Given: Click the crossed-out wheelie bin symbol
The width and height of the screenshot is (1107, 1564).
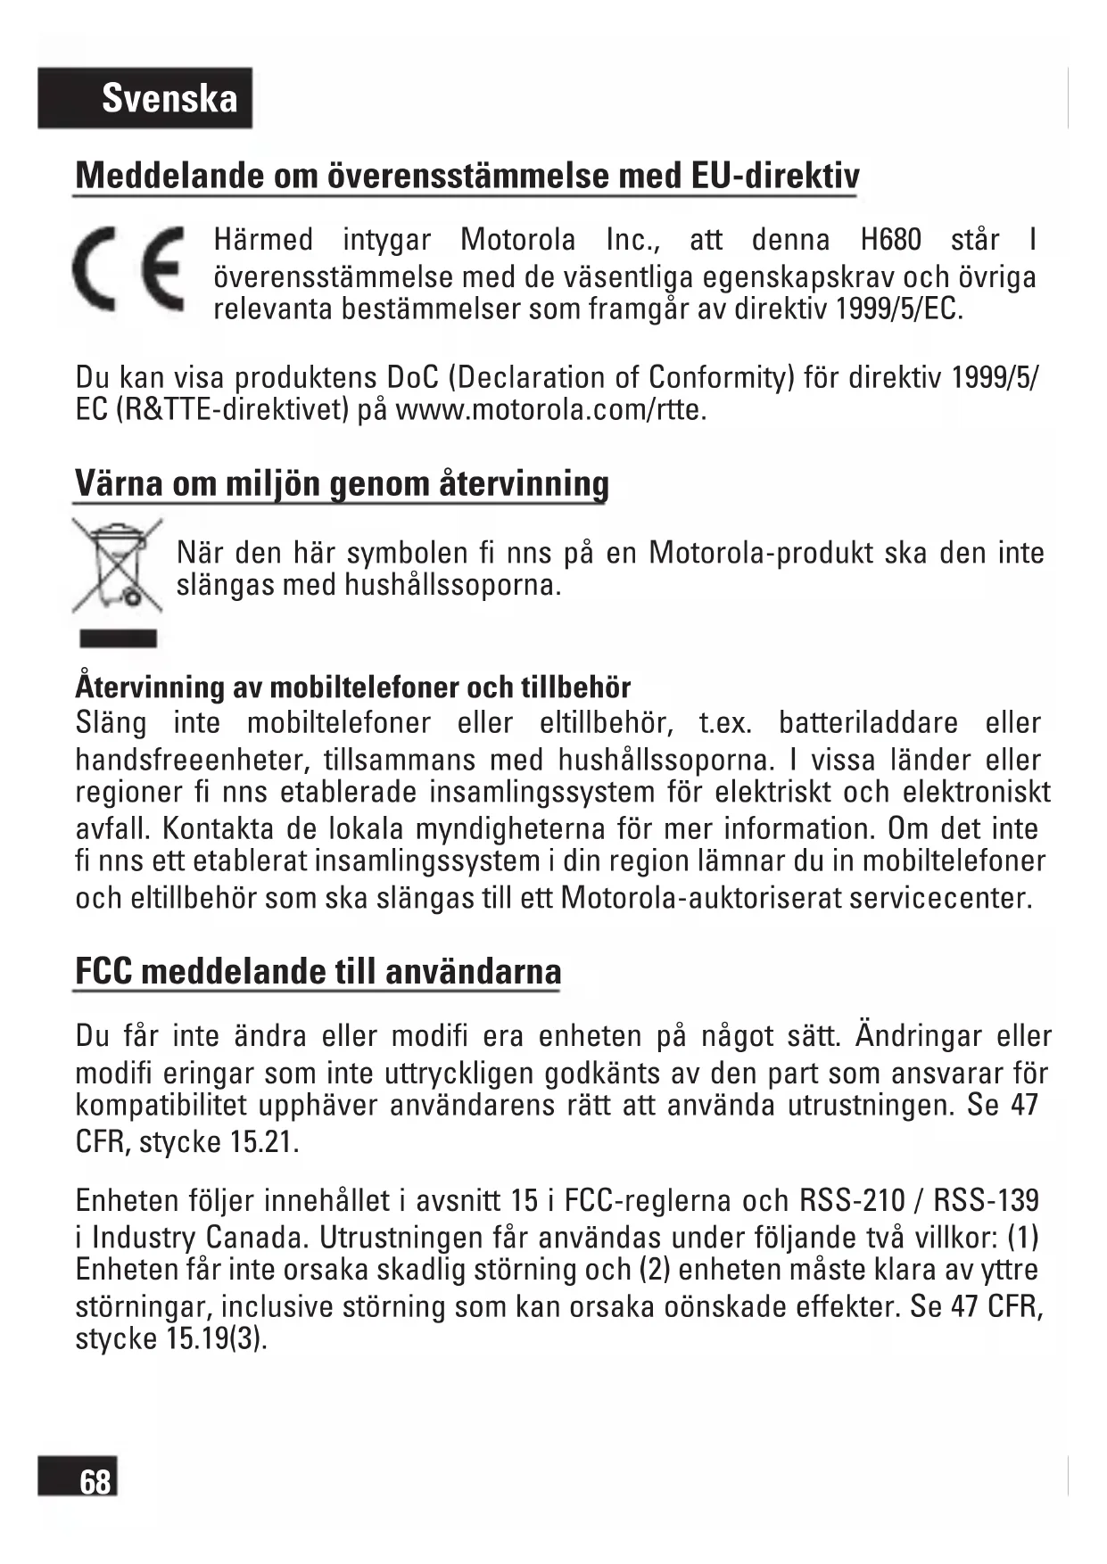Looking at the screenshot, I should coord(117,565).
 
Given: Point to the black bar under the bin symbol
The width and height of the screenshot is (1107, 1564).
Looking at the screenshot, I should coord(118,638).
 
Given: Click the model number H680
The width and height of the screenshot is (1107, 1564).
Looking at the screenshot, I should coord(890,240).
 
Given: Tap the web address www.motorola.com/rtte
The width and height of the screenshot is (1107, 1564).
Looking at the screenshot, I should coord(550,410).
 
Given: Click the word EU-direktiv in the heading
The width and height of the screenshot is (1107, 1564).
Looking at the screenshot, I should coord(775,176).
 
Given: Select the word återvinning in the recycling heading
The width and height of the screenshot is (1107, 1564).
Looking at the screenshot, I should coord(524,483).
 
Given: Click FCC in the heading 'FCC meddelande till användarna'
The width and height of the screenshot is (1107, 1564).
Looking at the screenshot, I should coord(103,971).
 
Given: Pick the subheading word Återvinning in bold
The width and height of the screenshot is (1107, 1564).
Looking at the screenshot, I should coord(150,687).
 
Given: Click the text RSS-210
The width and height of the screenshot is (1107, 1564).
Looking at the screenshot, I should coord(852,1200).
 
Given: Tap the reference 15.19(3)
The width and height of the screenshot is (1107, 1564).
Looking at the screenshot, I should coord(216,1338).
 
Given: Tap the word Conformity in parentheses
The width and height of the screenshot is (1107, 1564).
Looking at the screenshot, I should coord(720,377).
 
